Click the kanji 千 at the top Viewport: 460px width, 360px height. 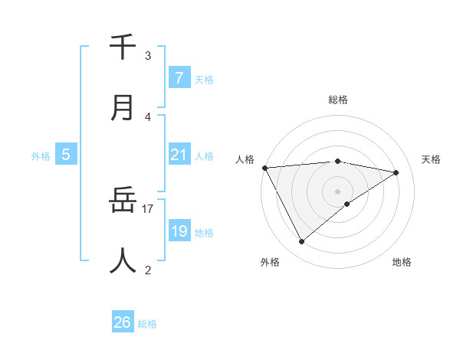point(123,47)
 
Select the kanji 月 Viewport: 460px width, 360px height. point(123,108)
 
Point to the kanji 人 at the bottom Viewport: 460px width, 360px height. point(123,261)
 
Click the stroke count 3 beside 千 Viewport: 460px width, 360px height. point(148,56)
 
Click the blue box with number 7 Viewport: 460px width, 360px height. point(179,77)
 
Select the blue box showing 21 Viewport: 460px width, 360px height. point(179,155)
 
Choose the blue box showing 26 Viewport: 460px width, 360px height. point(123,323)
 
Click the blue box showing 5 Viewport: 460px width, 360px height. point(66,155)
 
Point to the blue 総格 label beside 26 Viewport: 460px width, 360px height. point(147,324)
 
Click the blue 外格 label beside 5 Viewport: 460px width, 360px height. point(41,156)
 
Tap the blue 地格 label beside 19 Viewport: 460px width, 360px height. point(204,233)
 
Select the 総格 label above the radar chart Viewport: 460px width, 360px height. point(337,100)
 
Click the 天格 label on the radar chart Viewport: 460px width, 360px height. point(431,159)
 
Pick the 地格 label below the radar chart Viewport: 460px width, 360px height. point(402,262)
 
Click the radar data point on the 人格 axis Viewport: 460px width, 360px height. point(264,168)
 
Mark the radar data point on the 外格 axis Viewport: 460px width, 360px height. point(301,242)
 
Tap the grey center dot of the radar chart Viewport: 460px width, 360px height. point(337,191)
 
